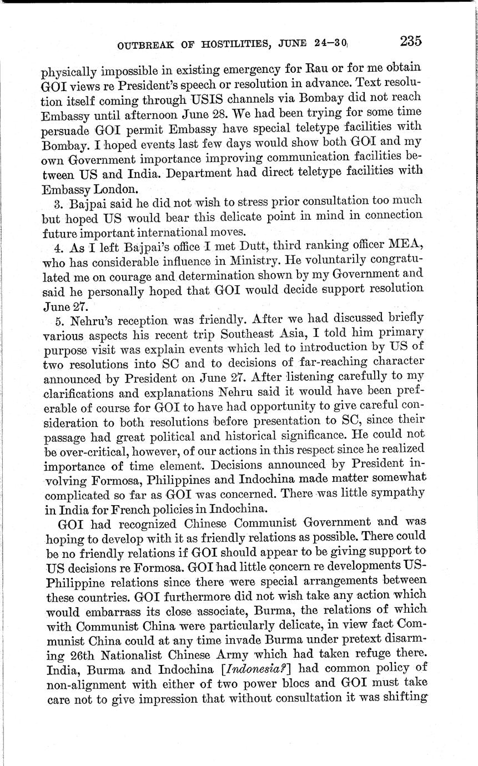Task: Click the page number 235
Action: (x=410, y=41)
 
